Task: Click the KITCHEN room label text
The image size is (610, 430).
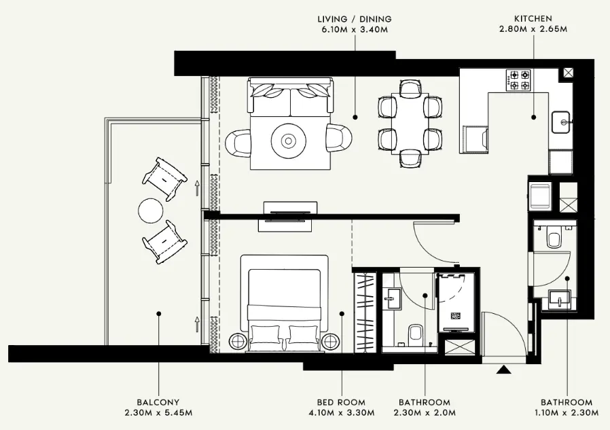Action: tap(533, 19)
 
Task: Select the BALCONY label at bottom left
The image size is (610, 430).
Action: tap(158, 402)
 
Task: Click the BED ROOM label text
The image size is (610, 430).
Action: tap(341, 402)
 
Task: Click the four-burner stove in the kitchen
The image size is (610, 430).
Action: tap(520, 80)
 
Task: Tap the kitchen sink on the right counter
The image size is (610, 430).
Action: tap(561, 122)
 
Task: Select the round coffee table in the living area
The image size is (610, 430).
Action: tap(288, 141)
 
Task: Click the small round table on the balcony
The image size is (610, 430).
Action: tap(151, 209)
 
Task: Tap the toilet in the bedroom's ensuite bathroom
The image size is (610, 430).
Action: tap(416, 334)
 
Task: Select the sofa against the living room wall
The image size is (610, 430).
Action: tap(291, 96)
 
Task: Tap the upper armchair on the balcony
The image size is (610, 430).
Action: tap(164, 175)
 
